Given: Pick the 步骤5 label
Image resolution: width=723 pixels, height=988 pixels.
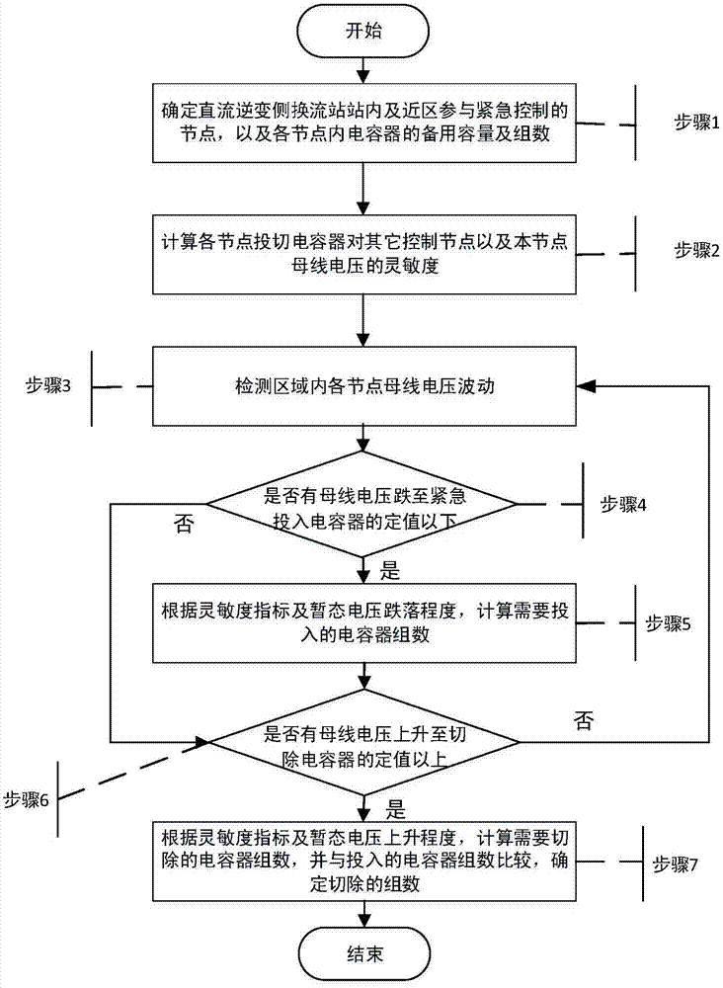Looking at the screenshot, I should tap(668, 623).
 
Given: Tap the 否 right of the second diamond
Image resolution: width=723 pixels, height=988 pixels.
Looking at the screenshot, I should tap(584, 721).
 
